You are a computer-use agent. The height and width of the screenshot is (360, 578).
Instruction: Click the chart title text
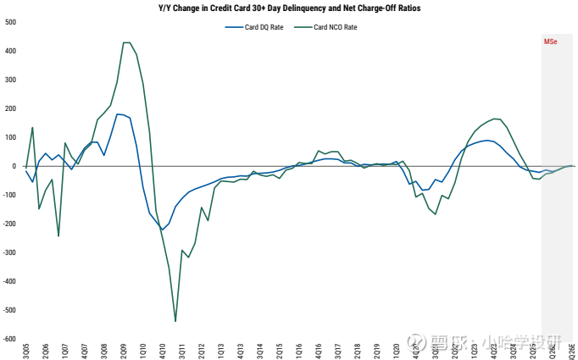(x=289, y=8)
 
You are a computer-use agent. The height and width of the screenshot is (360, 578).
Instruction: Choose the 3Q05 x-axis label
(x=26, y=349)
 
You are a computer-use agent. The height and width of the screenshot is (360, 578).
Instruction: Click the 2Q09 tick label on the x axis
(x=124, y=349)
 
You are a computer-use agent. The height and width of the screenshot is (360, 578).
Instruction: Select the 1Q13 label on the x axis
(x=221, y=349)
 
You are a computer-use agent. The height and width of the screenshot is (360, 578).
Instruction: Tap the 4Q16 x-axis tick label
(x=319, y=349)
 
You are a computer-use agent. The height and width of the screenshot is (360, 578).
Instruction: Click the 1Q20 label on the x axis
(x=397, y=349)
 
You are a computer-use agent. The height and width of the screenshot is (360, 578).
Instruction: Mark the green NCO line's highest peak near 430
(x=126, y=42)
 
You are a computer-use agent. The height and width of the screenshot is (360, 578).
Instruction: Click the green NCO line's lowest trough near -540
(x=175, y=321)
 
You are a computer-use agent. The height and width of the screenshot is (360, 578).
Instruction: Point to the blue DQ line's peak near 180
(x=119, y=114)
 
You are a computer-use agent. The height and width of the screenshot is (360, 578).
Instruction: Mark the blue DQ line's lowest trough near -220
(x=162, y=230)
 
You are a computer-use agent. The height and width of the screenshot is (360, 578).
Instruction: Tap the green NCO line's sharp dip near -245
(x=58, y=235)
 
